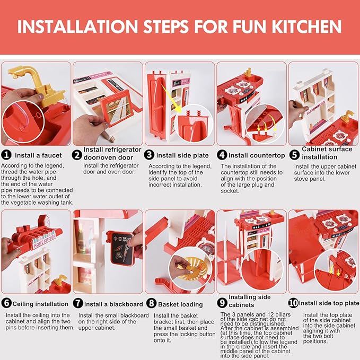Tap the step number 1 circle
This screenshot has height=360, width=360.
pyautogui.click(x=6, y=155)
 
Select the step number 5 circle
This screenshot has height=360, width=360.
pyautogui.click(x=294, y=154)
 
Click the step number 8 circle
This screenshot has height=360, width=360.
pyautogui.click(x=151, y=303)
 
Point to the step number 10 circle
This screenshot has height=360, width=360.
pyautogui.click(x=293, y=303)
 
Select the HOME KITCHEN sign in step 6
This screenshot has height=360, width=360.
pyautogui.click(x=45, y=242)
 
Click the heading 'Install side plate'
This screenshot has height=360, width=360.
pyautogui.click(x=182, y=155)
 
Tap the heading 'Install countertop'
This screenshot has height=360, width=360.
pyautogui.click(x=257, y=155)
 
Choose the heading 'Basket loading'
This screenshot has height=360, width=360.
pyautogui.click(x=180, y=304)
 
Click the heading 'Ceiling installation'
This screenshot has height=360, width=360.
pyautogui.click(x=40, y=304)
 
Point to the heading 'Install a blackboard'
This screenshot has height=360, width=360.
pyautogui.click(x=113, y=304)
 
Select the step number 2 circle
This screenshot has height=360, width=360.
pyautogui.click(x=77, y=155)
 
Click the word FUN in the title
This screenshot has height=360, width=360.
pyautogui.click(x=250, y=27)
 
